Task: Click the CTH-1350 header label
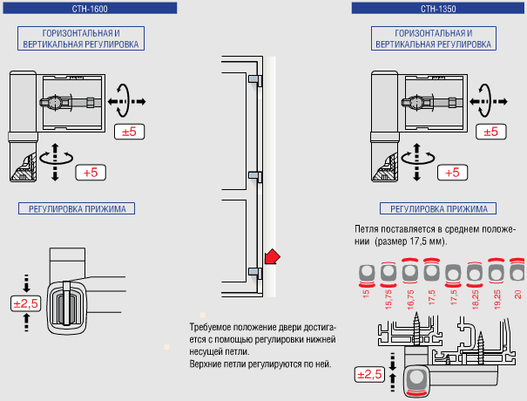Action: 438,8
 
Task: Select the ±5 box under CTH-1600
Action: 130,132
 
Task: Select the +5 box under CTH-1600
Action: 91,172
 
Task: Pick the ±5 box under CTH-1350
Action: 490,132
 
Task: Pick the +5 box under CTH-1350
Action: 451,172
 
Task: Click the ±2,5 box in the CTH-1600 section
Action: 26,303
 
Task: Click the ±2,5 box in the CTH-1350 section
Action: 369,375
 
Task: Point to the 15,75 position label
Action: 388,297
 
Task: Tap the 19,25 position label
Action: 497,297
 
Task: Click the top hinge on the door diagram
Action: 253,79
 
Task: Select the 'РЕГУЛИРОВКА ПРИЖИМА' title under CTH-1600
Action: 78,208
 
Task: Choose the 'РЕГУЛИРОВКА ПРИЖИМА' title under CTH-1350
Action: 438,208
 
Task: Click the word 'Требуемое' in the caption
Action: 209,328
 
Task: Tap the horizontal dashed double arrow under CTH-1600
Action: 125,102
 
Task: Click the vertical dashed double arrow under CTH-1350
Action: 415,161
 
